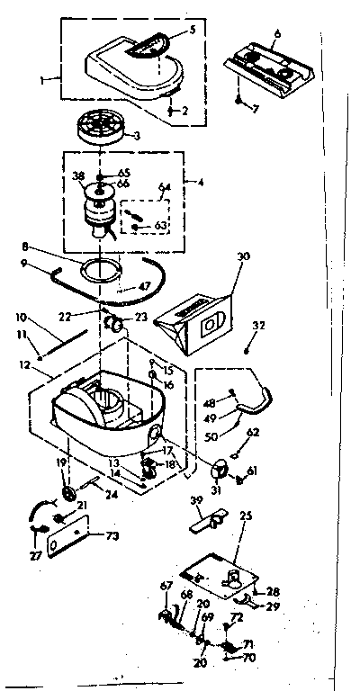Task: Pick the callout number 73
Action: click(x=112, y=537)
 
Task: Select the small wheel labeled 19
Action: click(x=68, y=496)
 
